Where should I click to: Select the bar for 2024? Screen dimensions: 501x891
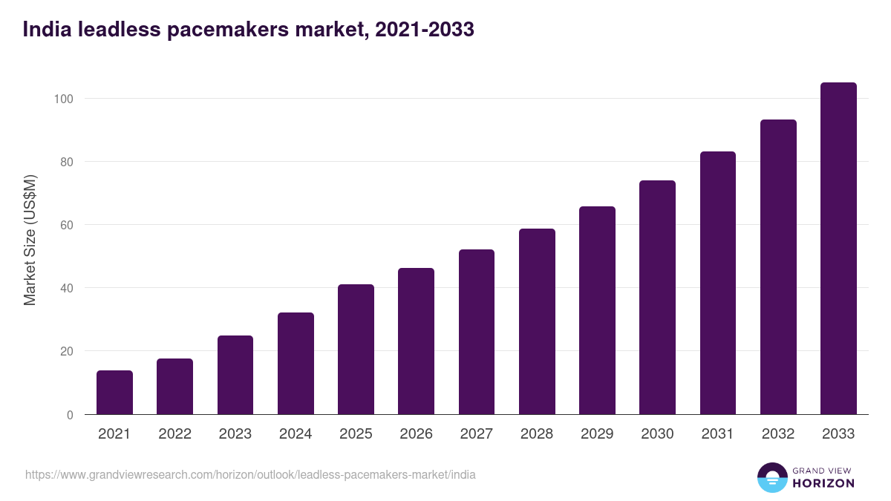[296, 363]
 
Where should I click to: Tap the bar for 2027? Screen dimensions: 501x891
[477, 332]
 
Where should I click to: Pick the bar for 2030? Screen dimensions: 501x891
[657, 297]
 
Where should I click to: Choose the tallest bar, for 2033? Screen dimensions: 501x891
[838, 248]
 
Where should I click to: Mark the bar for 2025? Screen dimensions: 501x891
[356, 349]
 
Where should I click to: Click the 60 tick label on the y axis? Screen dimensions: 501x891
[68, 225]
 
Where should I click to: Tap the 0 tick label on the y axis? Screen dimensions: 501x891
[71, 415]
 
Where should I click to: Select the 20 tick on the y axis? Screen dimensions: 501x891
[68, 351]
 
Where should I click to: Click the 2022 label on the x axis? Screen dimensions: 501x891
[174, 434]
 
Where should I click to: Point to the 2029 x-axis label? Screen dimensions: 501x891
[597, 434]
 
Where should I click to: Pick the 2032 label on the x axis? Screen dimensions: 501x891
[778, 434]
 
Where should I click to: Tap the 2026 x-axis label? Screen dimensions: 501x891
[416, 434]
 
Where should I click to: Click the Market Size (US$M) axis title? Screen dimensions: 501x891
[30, 240]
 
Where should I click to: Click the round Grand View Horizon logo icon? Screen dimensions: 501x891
[771, 478]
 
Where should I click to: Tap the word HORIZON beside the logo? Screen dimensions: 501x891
[823, 483]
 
